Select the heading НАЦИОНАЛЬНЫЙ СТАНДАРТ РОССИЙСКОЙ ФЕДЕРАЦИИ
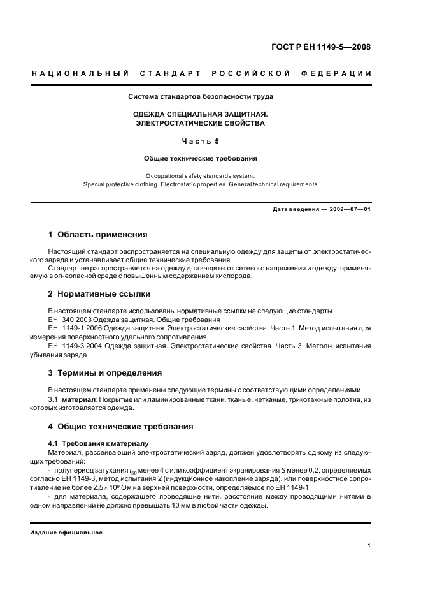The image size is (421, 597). pyautogui.click(x=201, y=73)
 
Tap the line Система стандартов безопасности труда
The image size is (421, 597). pyautogui.click(x=201, y=97)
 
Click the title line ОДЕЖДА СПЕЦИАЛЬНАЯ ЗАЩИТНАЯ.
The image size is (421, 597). pyautogui.click(x=201, y=114)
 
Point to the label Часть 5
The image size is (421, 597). pyautogui.click(x=201, y=141)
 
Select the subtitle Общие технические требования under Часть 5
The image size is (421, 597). pyautogui.click(x=201, y=158)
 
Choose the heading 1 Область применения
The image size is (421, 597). pyautogui.click(x=98, y=235)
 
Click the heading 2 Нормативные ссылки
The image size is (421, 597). pyautogui.click(x=99, y=294)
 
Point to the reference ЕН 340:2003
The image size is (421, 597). pyautogui.click(x=67, y=320)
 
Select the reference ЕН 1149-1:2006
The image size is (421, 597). pyautogui.click(x=71, y=328)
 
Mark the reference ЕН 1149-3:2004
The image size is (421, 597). pyautogui.click(x=71, y=346)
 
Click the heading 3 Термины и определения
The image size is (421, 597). pyautogui.click(x=105, y=373)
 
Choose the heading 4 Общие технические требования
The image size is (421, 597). pyautogui.click(x=121, y=426)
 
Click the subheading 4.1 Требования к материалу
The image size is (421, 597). pyautogui.click(x=98, y=443)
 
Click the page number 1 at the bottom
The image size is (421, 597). pyautogui.click(x=369, y=545)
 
